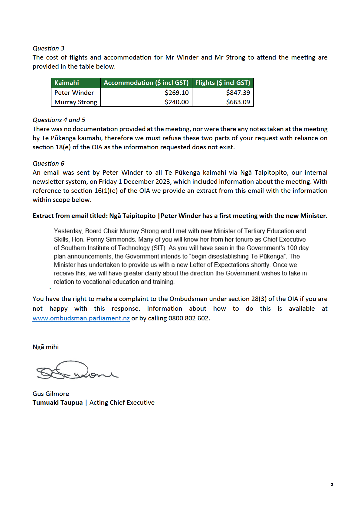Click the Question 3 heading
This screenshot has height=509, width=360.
click(x=48, y=48)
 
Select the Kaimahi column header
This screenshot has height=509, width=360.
click(x=67, y=83)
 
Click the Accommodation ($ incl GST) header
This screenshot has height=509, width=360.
click(x=146, y=83)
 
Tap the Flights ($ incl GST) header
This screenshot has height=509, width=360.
click(x=223, y=83)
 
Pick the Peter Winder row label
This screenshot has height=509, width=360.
click(x=74, y=93)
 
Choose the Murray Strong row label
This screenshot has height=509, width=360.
click(x=76, y=102)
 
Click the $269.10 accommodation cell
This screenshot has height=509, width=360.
click(x=177, y=93)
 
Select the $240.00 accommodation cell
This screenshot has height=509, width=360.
click(x=177, y=102)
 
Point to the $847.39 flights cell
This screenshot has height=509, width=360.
click(x=238, y=93)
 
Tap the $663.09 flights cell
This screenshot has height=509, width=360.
click(x=238, y=102)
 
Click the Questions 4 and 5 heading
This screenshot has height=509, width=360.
click(x=59, y=120)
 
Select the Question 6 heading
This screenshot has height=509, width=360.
click(x=48, y=164)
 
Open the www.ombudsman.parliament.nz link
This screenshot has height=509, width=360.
click(x=81, y=318)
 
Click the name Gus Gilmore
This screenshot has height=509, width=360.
click(x=51, y=394)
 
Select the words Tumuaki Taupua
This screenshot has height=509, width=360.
click(x=57, y=403)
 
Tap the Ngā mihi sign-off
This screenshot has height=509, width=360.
click(x=46, y=347)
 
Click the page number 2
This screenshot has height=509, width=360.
click(x=332, y=485)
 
